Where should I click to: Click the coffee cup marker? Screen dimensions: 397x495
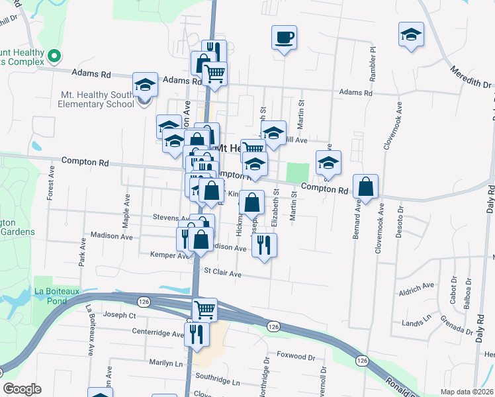(284, 37)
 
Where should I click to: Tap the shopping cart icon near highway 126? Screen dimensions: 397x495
(204, 309)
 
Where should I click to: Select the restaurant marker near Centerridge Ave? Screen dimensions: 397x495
(197, 333)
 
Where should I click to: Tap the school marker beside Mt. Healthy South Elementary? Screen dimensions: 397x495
(145, 85)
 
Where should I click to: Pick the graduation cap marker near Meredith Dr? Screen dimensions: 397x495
(411, 34)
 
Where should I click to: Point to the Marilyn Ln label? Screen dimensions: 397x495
(165, 363)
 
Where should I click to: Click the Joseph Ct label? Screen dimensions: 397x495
(120, 316)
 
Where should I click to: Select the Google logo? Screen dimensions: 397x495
(22, 389)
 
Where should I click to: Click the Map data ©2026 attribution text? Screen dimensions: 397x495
(467, 392)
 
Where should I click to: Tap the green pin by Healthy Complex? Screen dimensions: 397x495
(54, 58)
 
